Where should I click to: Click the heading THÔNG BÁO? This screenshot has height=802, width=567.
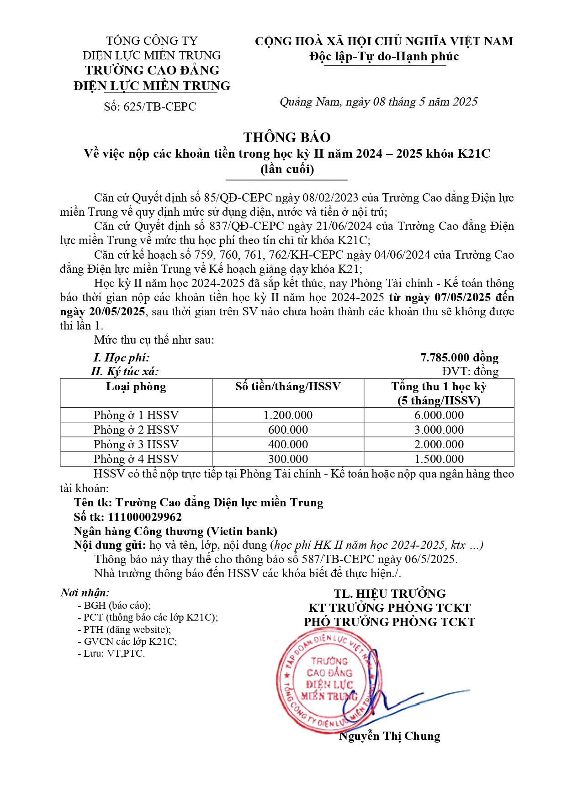tap(287, 138)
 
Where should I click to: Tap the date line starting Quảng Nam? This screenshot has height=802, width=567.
tap(378, 102)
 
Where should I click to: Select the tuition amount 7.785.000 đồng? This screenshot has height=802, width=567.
tap(459, 357)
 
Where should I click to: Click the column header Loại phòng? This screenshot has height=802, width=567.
tap(136, 387)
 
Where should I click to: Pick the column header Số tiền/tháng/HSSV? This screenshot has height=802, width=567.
tap(288, 387)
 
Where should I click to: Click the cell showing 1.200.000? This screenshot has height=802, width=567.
tap(288, 415)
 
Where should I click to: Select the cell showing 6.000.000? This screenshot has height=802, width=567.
tap(439, 415)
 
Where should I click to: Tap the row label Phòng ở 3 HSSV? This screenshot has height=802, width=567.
tap(136, 444)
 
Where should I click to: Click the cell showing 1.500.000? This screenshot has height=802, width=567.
tap(439, 459)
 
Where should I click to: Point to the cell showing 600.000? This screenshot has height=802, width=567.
tap(288, 430)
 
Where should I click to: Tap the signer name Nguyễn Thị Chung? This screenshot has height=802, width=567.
tap(390, 736)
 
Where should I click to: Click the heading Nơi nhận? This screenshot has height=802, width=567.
tap(85, 593)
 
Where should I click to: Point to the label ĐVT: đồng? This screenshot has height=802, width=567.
tap(470, 371)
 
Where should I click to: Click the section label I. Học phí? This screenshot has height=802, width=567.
tap(121, 357)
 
